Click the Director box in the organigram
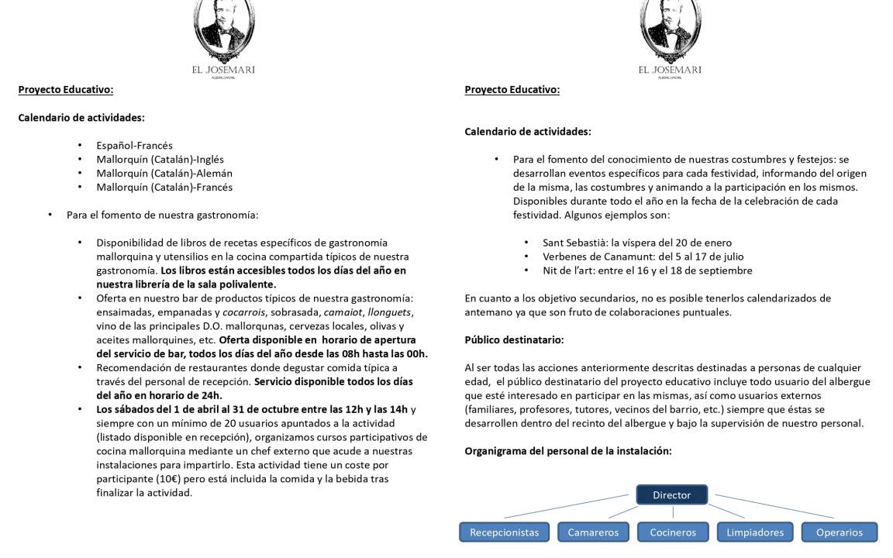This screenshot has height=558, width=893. (671, 494)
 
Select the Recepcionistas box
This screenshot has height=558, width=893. (504, 532)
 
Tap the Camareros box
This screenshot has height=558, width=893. (593, 532)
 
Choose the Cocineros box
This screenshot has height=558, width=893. (673, 532)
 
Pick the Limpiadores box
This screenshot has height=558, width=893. (755, 532)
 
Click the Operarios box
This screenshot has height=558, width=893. (839, 532)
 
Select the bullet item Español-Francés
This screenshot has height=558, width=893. (134, 145)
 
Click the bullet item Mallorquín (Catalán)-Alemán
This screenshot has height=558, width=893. (164, 173)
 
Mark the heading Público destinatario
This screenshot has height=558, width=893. (514, 339)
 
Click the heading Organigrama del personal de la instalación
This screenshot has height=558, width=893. (567, 450)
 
